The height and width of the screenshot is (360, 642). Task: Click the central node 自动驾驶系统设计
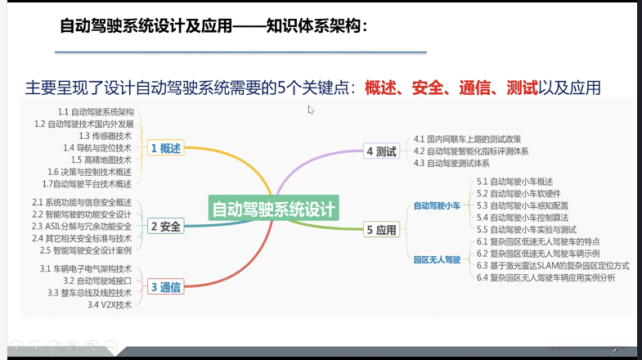[273, 209]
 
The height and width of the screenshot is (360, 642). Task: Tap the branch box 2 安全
[165, 226]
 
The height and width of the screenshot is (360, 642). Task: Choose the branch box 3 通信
[165, 286]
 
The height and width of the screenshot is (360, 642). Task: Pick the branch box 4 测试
[381, 151]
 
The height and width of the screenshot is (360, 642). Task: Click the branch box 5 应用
[381, 230]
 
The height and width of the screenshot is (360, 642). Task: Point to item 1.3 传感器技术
[105, 136]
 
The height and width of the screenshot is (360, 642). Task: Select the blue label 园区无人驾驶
[437, 259]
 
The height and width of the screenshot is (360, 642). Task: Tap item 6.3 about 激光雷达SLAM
[553, 266]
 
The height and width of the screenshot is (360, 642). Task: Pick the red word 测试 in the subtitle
[521, 87]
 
